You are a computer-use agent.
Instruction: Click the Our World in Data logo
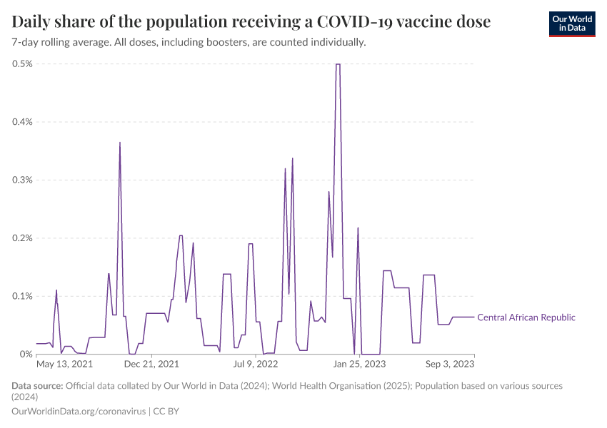click(571, 24)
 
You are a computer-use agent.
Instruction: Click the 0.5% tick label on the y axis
click(22, 64)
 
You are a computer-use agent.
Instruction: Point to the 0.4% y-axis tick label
click(22, 122)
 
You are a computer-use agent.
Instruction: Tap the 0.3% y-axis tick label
click(22, 180)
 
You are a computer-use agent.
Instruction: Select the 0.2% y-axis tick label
click(22, 238)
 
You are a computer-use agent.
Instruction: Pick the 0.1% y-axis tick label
click(22, 296)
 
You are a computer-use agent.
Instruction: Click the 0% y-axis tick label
click(26, 355)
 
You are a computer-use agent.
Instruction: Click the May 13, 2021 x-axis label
click(65, 365)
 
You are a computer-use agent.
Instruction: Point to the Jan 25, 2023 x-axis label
click(360, 365)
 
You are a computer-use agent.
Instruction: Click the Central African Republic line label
click(526, 317)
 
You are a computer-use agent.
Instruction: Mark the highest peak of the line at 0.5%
click(338, 64)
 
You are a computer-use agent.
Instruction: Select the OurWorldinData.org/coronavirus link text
click(79, 412)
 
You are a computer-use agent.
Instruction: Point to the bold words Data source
click(37, 386)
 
